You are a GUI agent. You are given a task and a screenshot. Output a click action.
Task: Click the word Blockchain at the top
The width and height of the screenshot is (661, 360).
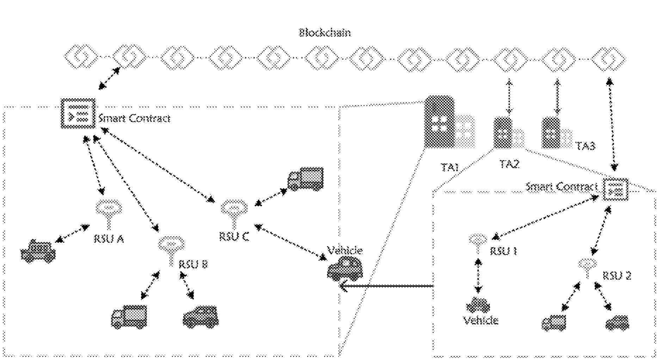(325, 33)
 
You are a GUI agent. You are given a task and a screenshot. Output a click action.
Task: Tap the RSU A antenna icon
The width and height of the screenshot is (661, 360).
(109, 213)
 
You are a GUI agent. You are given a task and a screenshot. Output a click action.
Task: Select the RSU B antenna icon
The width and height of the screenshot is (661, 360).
(171, 248)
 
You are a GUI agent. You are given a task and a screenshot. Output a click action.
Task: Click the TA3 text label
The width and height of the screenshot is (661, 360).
(585, 146)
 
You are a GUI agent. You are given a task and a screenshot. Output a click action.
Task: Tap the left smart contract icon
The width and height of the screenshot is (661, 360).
(78, 113)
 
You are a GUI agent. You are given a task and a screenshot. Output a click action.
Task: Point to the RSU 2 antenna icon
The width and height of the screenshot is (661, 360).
(587, 267)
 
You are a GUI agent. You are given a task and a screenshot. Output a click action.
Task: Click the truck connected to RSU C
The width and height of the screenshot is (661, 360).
(305, 179)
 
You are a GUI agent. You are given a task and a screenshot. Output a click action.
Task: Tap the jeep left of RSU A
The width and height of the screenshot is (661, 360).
(38, 251)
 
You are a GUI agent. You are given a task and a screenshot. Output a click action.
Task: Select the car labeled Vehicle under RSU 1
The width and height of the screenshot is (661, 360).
(478, 305)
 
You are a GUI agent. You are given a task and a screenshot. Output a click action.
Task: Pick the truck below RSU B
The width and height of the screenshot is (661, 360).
(129, 317)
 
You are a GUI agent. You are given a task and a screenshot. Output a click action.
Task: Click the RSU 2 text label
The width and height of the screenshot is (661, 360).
(617, 275)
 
